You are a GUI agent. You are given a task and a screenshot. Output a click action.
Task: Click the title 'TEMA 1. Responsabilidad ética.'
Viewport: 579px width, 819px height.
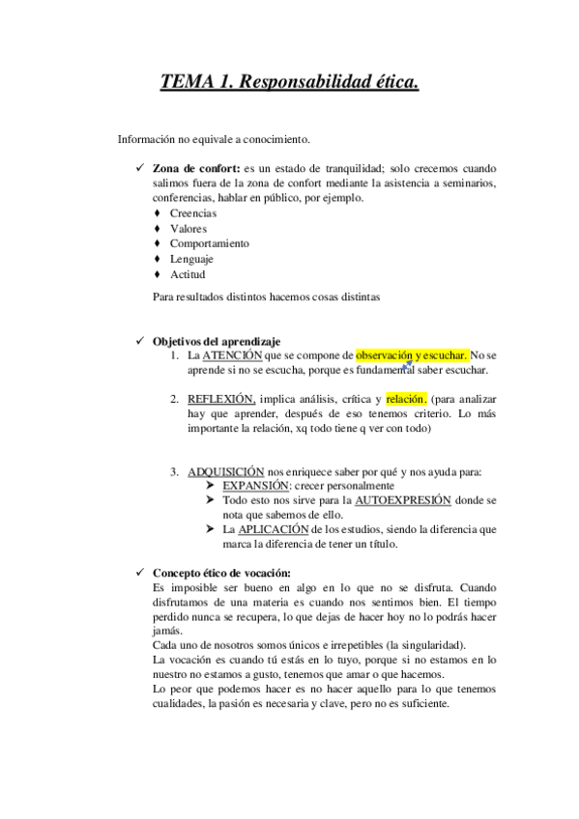click(289, 83)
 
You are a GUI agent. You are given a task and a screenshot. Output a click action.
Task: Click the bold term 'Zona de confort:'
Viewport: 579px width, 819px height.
click(196, 167)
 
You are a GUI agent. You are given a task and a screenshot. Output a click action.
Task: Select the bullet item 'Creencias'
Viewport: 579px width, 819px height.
click(193, 213)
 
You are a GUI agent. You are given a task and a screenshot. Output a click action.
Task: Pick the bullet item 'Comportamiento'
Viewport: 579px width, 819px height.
click(209, 244)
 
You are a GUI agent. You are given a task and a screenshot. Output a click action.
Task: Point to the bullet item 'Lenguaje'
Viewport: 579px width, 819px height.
click(191, 260)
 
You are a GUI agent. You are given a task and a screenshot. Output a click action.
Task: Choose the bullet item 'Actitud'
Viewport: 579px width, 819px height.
click(188, 275)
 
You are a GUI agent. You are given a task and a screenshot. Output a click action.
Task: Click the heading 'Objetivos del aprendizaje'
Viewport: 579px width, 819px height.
click(217, 341)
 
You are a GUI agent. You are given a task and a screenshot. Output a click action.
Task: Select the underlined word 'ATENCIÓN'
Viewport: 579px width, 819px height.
click(232, 355)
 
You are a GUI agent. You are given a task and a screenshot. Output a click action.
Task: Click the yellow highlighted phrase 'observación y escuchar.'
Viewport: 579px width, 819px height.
click(412, 355)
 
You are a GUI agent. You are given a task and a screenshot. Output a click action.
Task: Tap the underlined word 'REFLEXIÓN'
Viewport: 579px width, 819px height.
click(221, 398)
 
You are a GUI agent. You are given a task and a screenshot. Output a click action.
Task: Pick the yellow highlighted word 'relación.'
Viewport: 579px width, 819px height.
click(405, 398)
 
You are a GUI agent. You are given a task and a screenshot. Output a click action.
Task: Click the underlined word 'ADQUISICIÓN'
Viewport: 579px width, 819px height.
click(225, 471)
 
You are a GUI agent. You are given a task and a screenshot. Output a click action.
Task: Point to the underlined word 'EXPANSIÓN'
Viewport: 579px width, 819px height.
click(256, 486)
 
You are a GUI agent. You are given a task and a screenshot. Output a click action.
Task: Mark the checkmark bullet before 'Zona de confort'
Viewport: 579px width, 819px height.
click(142, 167)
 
